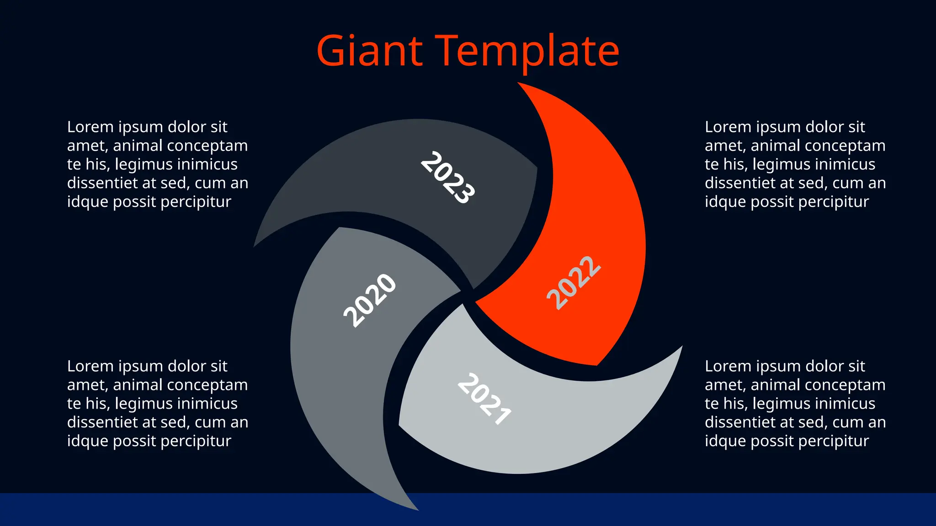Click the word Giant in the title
coord(369,51)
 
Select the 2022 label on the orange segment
coord(574,283)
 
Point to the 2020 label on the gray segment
coord(370,300)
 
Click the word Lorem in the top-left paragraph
coord(90,127)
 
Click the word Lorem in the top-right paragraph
coord(728,127)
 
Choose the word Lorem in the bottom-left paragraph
coord(90,366)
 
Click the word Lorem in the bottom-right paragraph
coord(728,366)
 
